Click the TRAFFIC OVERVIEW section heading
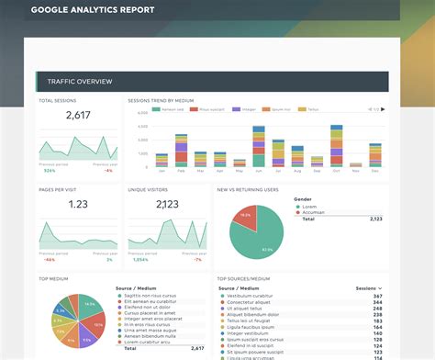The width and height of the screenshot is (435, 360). coord(73,82)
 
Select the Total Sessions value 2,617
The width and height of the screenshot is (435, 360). coord(78,116)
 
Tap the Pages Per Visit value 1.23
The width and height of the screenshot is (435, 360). coord(78,204)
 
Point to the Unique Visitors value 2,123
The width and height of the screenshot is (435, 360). coord(167,204)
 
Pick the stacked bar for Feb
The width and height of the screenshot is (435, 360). coord(181,150)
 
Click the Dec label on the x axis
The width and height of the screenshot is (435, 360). coord(374,171)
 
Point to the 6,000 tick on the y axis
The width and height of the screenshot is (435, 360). coord(142,112)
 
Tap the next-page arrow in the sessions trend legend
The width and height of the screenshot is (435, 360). coord(383,108)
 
